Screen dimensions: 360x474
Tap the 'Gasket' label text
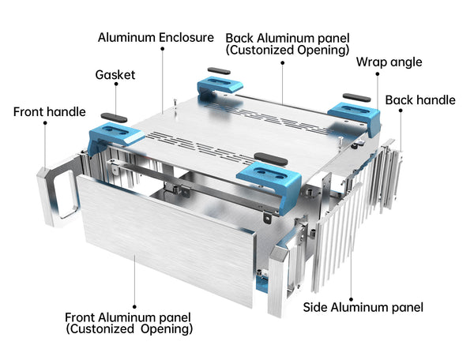coord(115,75)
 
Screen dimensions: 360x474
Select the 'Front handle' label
coord(49,112)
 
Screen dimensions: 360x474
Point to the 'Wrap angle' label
coord(389,62)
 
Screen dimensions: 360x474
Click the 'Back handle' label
coord(419,99)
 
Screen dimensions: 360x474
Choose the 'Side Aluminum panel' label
coord(363,307)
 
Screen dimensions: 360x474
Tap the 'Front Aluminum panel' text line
coord(129,317)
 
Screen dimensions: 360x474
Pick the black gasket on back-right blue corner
coord(354,96)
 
